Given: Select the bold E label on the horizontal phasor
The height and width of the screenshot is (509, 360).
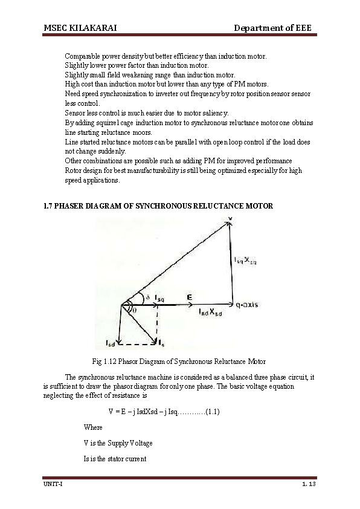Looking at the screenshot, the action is tap(190, 297).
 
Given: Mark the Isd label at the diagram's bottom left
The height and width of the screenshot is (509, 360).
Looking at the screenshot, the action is tap(111, 344).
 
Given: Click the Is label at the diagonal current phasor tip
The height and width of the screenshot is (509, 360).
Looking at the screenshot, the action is tap(160, 344).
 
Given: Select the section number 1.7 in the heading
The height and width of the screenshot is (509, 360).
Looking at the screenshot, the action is tap(48, 206).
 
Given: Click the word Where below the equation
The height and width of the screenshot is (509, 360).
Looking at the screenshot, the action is tap(93, 427).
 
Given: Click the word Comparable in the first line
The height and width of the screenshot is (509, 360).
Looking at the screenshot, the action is tap(82, 56).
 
